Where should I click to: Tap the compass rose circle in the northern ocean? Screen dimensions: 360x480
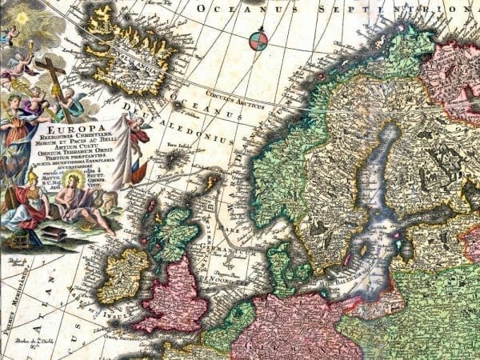pos(258,40)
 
